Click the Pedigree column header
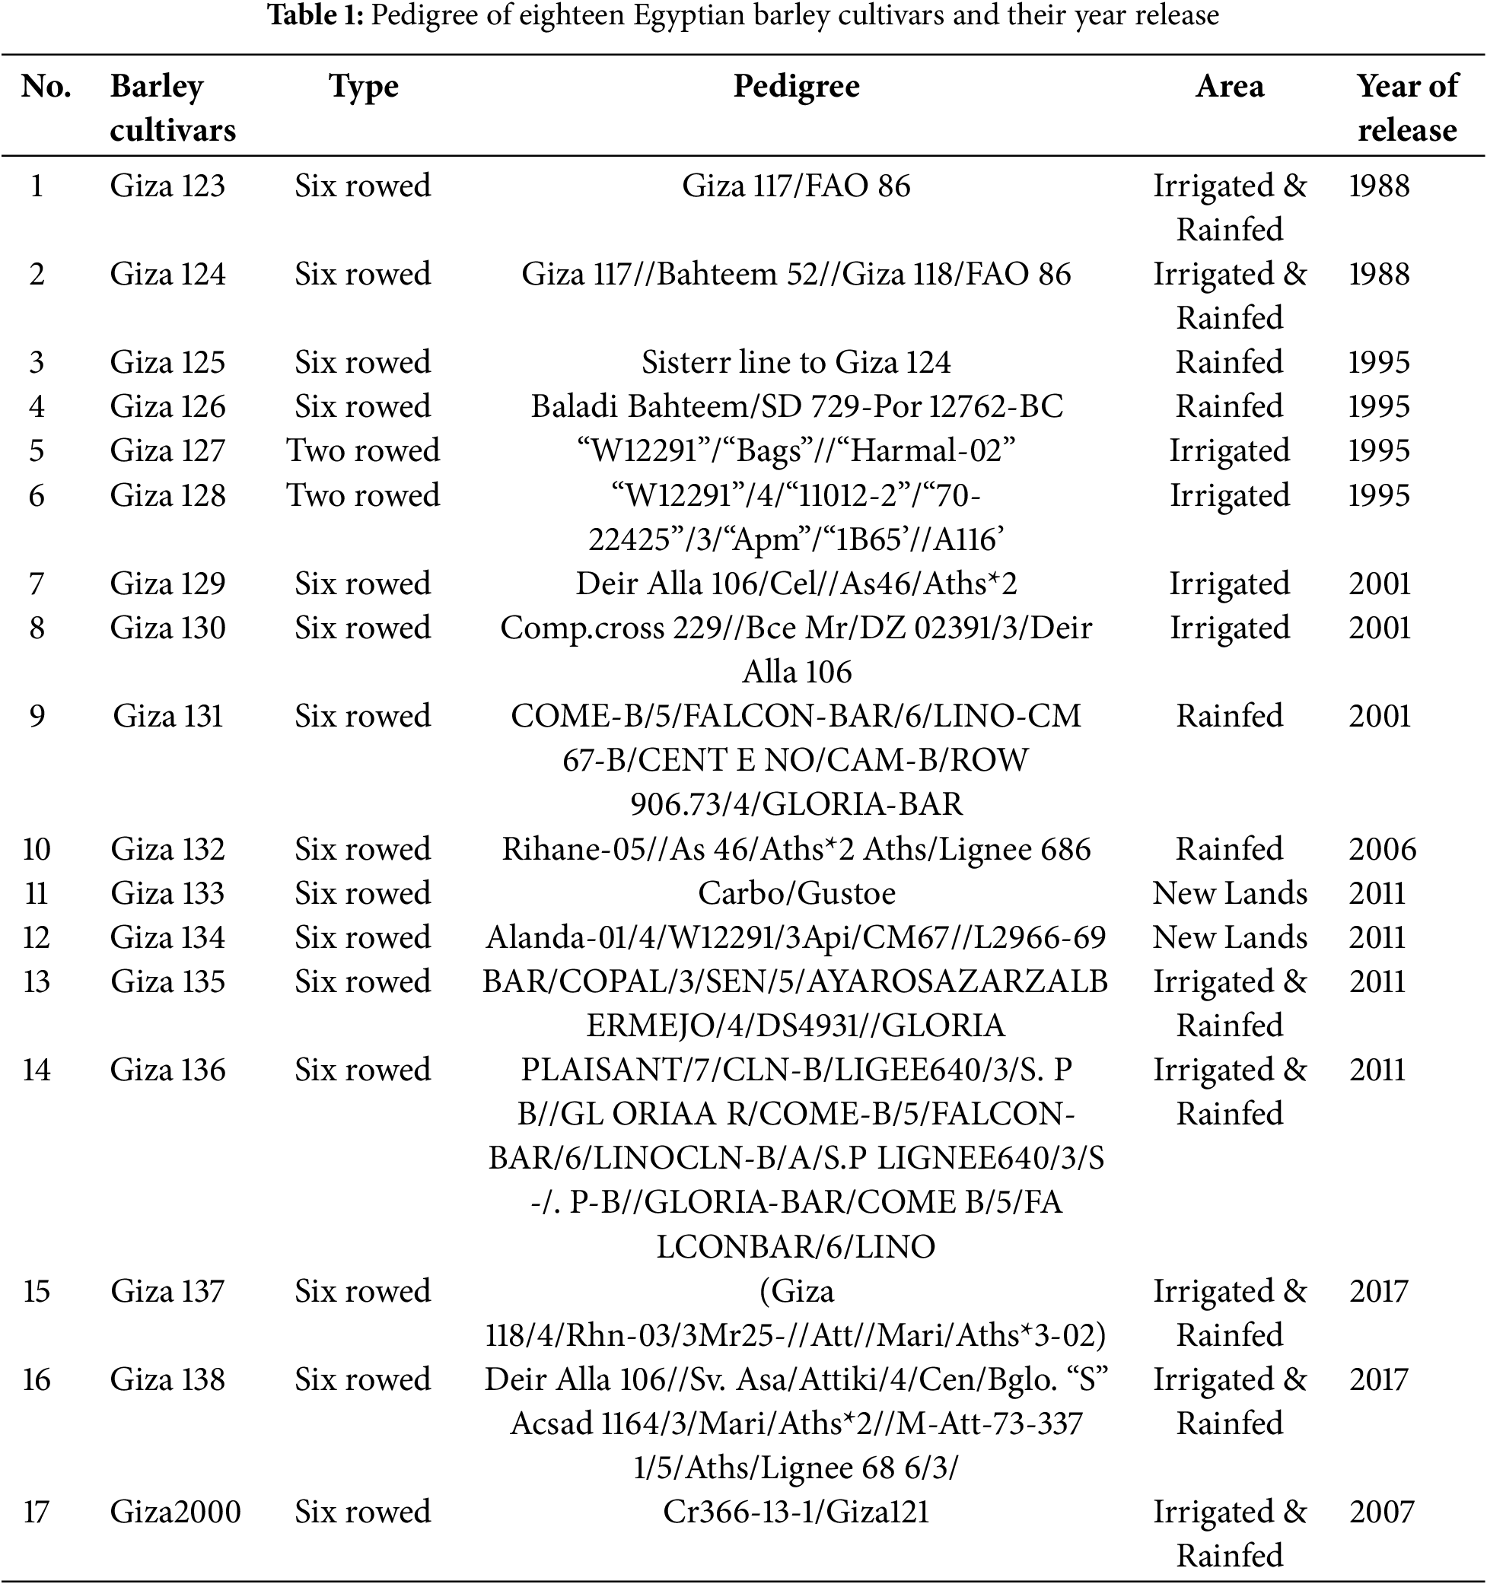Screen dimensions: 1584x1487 click(796, 86)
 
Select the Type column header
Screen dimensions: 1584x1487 click(364, 86)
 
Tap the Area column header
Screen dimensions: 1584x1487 click(1230, 86)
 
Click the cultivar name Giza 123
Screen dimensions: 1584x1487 click(167, 186)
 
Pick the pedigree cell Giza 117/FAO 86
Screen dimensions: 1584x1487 click(796, 186)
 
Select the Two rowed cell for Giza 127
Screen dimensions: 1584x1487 click(364, 450)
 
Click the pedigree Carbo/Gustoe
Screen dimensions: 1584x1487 click(796, 892)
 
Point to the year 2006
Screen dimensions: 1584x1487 click(1383, 848)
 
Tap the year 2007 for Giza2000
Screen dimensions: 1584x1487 click(1382, 1512)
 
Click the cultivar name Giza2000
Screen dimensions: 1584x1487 click(175, 1512)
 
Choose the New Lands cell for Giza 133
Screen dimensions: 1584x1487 click(1230, 892)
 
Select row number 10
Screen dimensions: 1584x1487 click(37, 848)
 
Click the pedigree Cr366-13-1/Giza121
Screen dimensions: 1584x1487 click(796, 1512)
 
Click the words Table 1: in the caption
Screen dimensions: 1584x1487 click(316, 15)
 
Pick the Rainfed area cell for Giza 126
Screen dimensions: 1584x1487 click(1230, 406)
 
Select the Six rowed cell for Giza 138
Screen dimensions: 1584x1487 click(364, 1379)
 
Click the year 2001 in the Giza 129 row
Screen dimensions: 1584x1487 click(1380, 584)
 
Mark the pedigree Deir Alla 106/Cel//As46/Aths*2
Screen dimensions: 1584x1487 click(796, 584)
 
